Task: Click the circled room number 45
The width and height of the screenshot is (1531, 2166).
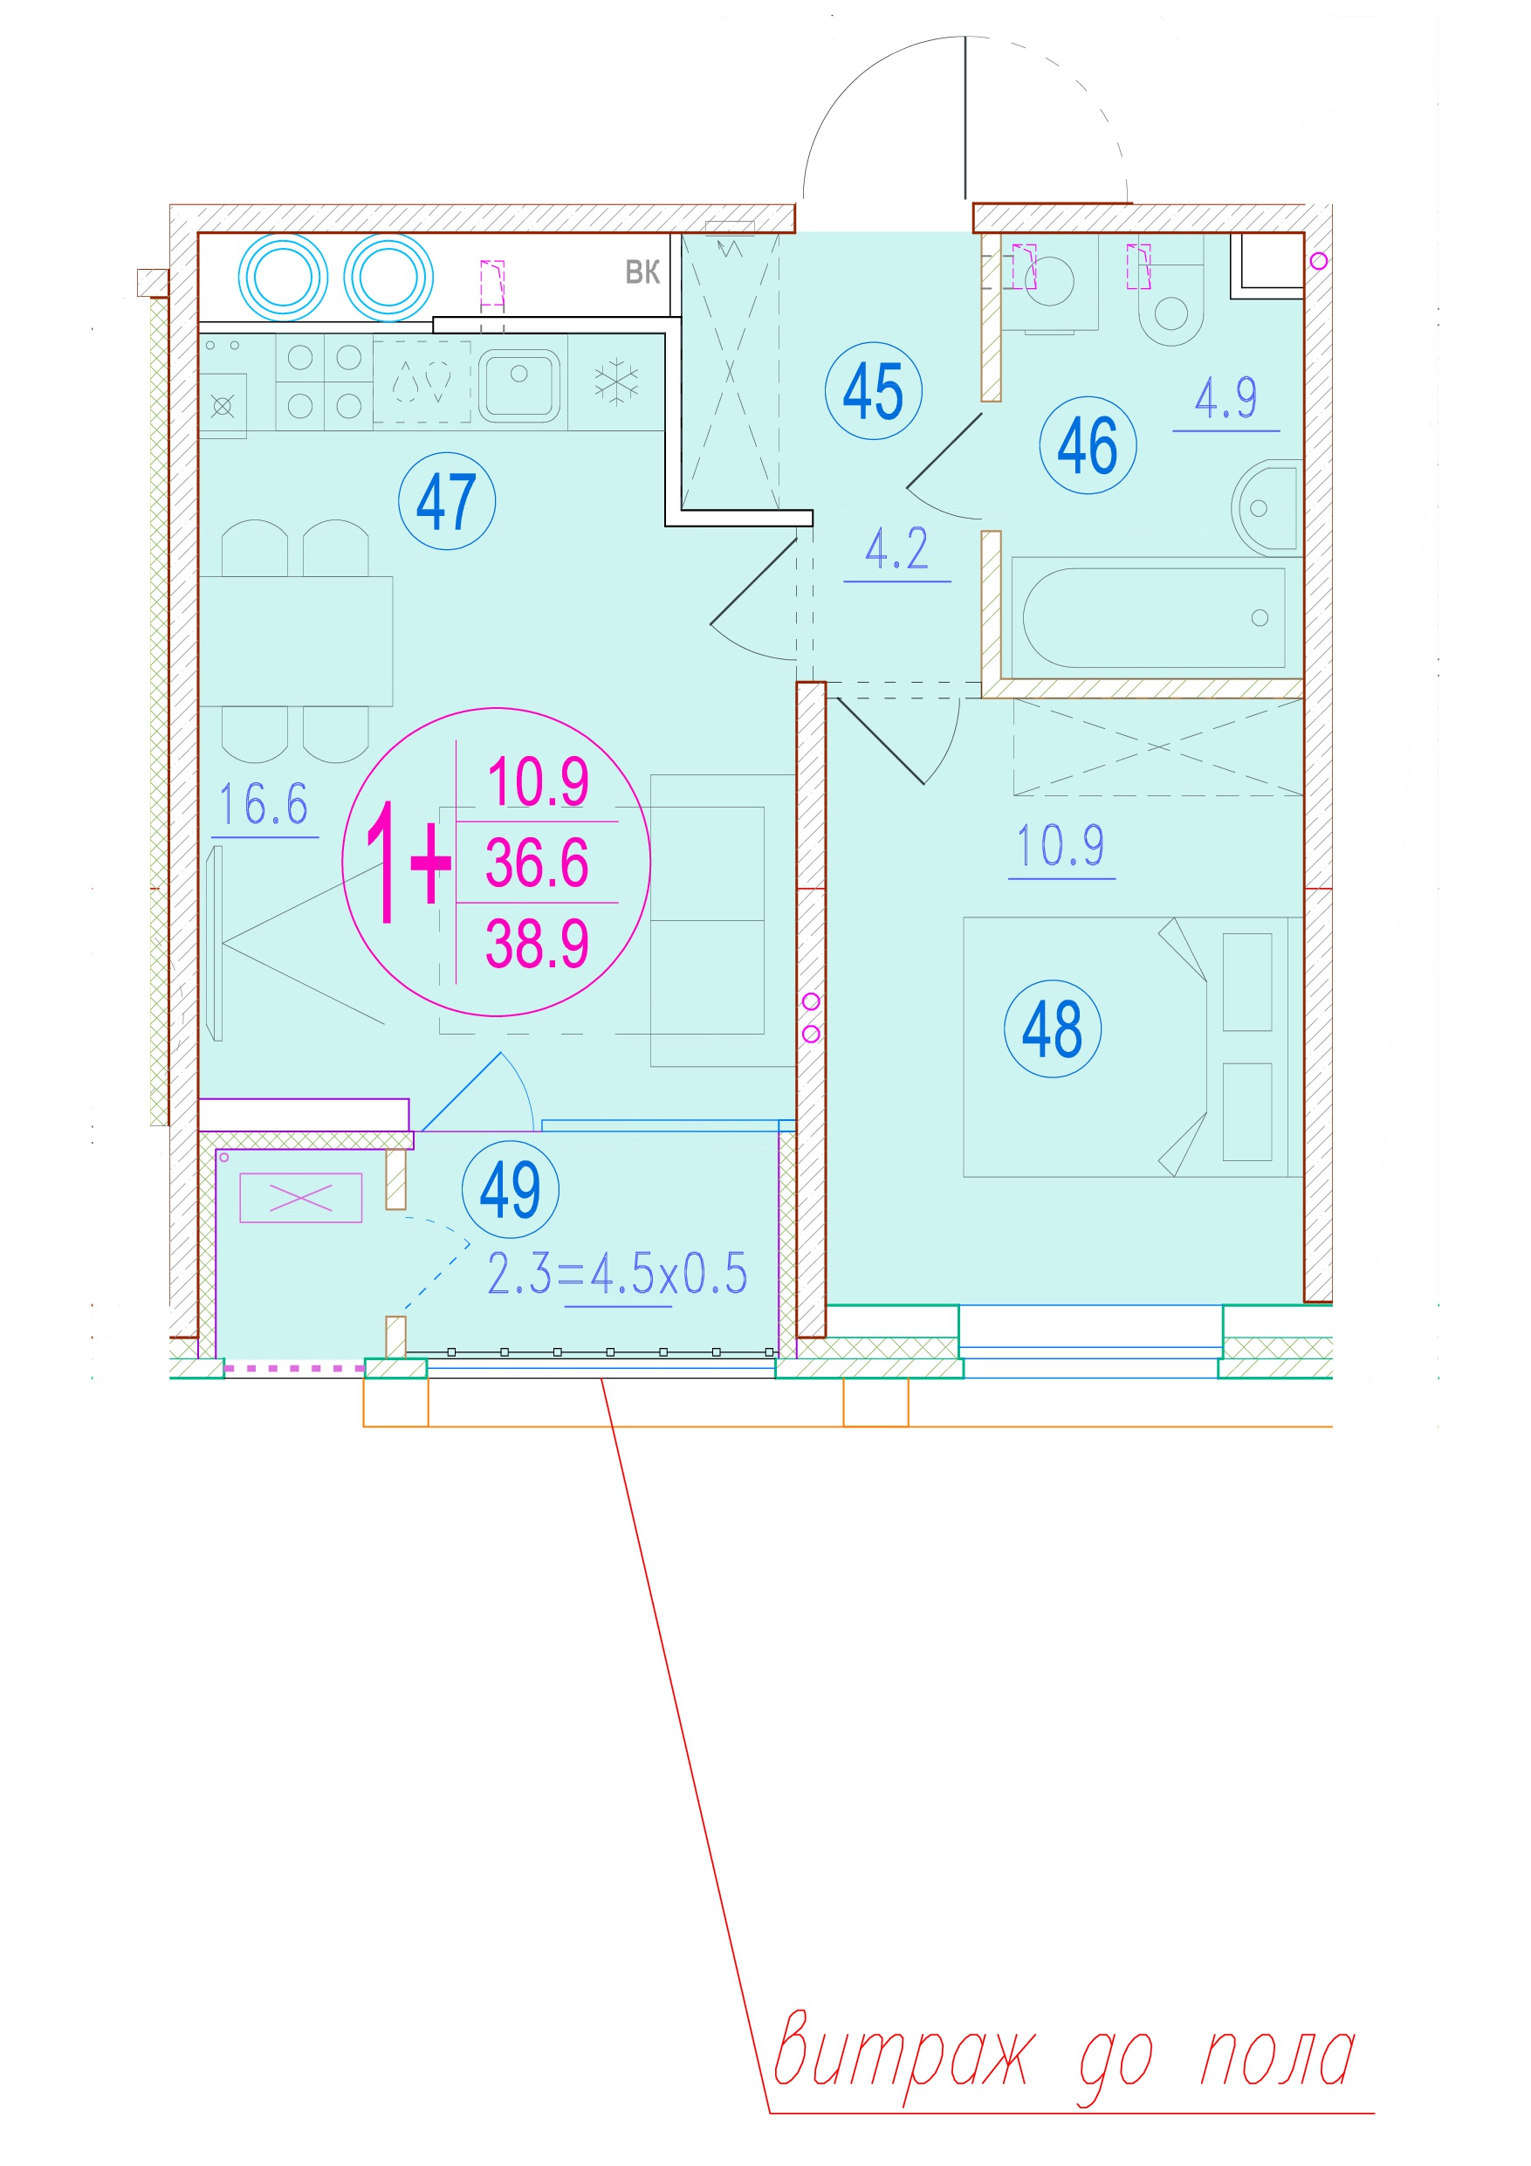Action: tap(873, 390)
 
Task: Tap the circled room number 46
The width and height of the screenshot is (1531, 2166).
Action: tap(1088, 444)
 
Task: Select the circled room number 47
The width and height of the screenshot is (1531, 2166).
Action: tap(447, 501)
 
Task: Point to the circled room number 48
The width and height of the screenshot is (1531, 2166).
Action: tap(1053, 1028)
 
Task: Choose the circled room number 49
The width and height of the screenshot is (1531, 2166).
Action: tap(511, 1189)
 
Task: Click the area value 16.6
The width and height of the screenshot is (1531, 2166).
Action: tap(264, 805)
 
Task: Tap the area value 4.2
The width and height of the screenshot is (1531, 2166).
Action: tap(897, 549)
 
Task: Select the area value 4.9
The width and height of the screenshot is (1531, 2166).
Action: tap(1226, 398)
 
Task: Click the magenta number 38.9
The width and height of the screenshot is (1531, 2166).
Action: tap(537, 944)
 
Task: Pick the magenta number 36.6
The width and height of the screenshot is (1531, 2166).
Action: tap(537, 863)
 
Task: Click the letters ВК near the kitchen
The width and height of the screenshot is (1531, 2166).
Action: tap(642, 272)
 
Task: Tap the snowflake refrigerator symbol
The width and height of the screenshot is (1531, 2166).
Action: tap(616, 382)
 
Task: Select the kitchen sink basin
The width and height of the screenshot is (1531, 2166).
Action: tap(518, 386)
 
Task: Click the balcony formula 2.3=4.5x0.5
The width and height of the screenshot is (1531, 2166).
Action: tap(617, 1274)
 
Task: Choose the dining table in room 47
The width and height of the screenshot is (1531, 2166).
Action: tap(295, 642)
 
